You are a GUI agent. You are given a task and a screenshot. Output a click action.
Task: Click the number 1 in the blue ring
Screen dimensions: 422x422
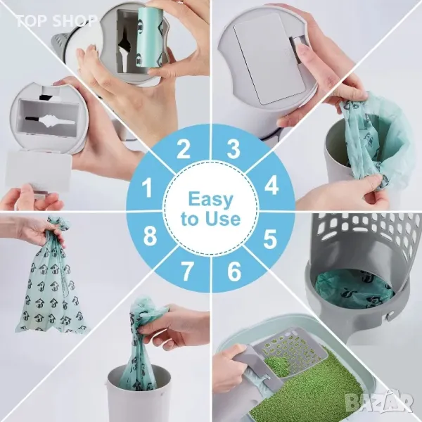[147, 188]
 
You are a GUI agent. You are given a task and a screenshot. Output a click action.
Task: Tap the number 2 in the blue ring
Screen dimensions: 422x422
[184, 148]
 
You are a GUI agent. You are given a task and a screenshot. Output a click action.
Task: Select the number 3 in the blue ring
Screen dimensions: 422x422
[233, 148]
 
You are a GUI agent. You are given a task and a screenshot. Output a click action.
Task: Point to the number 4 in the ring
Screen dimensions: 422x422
[271, 185]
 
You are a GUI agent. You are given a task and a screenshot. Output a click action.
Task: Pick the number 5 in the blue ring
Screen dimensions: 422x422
[270, 238]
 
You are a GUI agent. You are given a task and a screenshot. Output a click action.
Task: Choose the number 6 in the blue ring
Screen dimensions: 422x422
[234, 271]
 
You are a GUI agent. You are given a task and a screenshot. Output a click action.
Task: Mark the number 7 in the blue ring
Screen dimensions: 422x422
[187, 271]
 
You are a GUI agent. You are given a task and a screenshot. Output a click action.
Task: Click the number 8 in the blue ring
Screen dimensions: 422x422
[150, 236]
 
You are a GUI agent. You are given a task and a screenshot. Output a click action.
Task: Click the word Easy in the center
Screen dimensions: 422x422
[210, 199]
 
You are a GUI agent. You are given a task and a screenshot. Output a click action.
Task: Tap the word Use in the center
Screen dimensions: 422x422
[222, 219]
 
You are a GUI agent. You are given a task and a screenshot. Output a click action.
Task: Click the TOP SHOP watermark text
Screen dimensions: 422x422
[56, 20]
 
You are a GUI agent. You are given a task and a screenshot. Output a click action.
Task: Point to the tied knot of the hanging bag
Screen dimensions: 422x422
[57, 224]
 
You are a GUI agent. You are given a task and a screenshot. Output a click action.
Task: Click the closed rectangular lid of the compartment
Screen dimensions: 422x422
[269, 58]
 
